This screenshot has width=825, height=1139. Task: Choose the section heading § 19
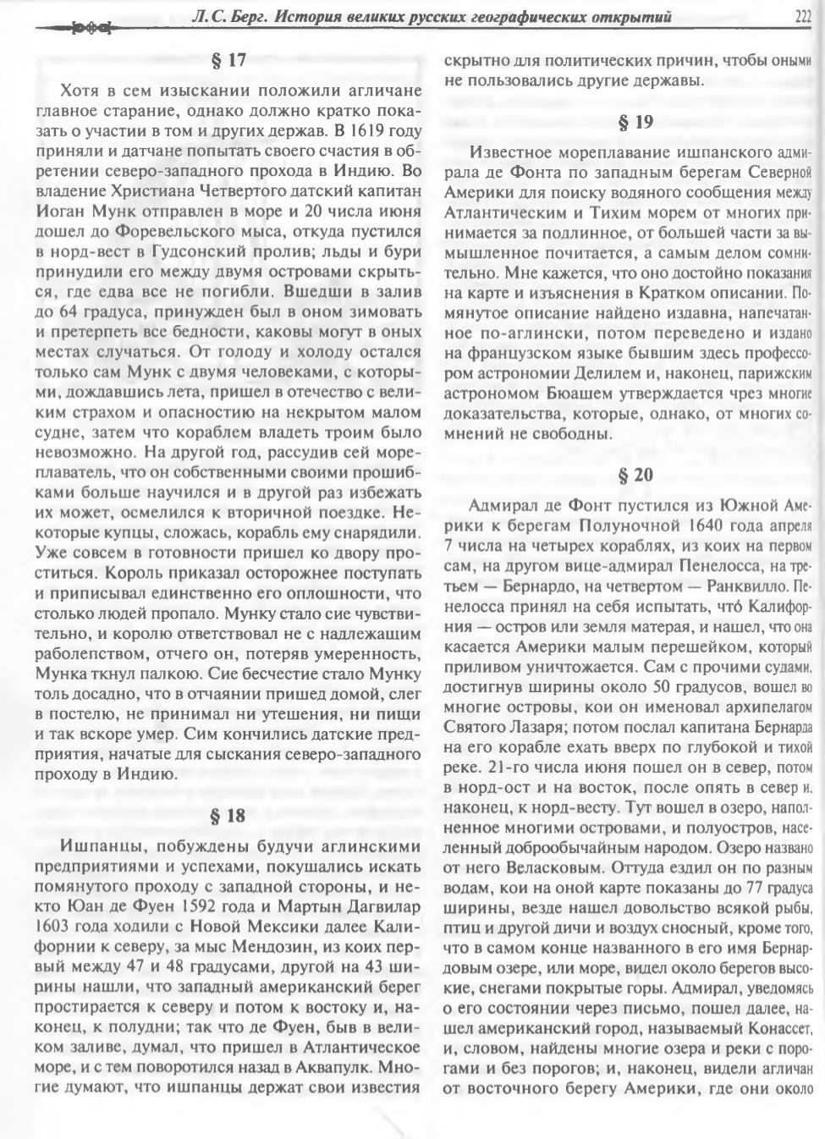coord(635,122)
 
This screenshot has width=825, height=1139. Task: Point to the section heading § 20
coord(635,475)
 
